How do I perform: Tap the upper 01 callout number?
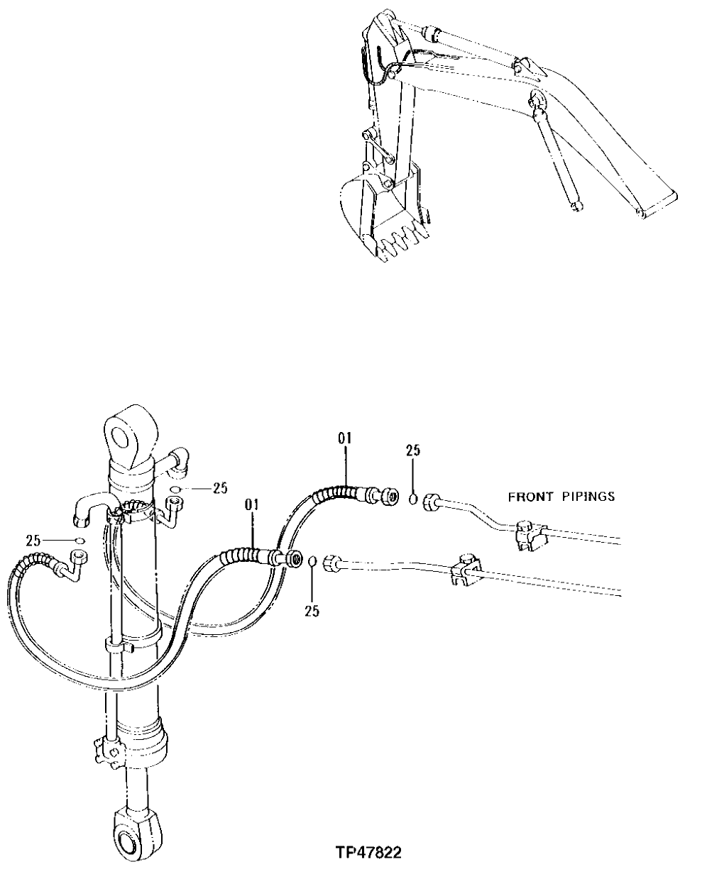click(345, 438)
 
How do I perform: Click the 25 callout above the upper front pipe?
click(413, 450)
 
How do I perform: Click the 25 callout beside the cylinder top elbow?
click(220, 487)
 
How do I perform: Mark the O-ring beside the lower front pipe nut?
click(312, 563)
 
